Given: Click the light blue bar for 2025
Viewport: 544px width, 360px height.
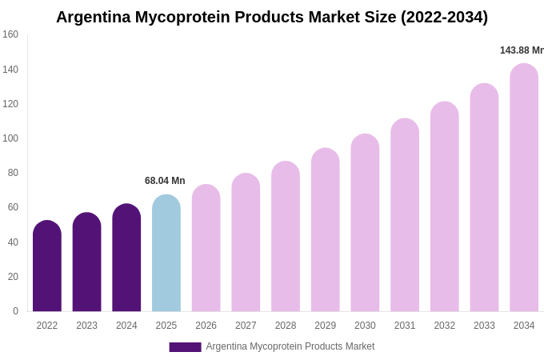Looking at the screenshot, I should [166, 254].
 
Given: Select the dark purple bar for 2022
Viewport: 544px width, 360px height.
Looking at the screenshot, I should [47, 266].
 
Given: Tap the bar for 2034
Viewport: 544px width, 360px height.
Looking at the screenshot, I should [524, 188].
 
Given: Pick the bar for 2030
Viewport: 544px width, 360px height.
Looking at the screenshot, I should [365, 223].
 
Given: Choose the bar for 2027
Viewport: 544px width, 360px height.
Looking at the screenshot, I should [246, 242].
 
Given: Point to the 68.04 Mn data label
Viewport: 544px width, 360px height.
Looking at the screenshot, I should [165, 181].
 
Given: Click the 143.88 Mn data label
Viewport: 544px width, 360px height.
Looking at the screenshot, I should [522, 50].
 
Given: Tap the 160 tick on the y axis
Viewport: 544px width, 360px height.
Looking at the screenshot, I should [10, 34].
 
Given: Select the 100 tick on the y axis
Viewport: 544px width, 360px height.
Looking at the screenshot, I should [10, 138].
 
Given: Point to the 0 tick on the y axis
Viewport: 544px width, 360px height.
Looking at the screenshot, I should [15, 311].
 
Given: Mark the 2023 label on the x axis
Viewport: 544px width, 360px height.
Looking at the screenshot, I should [86, 326].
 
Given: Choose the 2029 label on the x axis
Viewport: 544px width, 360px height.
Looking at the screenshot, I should [325, 326].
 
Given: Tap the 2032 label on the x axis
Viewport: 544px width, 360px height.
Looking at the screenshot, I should [444, 326].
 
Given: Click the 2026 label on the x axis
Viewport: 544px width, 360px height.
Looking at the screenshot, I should [206, 326].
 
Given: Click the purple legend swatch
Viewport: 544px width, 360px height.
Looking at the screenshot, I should [185, 347].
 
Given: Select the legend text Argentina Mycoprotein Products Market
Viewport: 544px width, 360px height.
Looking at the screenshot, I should [290, 346].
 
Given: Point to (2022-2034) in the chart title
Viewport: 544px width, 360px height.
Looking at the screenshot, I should [444, 17].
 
